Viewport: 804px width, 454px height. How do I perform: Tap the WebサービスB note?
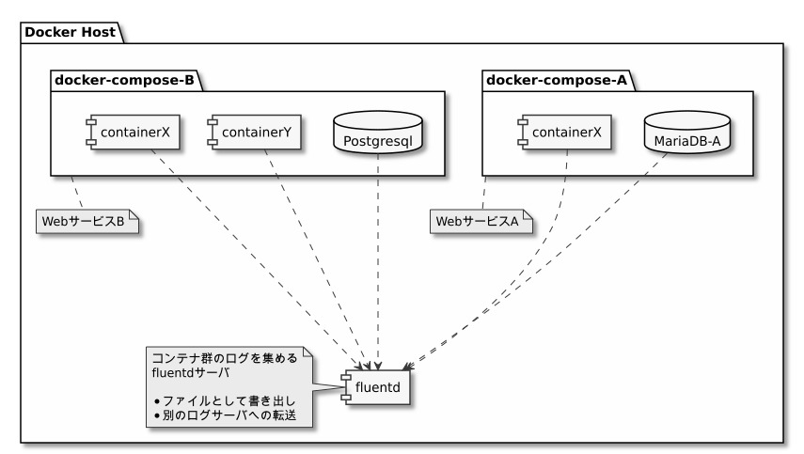click(x=87, y=221)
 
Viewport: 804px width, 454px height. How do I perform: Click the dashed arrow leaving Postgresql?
click(x=378, y=263)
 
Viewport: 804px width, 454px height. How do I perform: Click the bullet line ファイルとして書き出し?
click(x=221, y=401)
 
